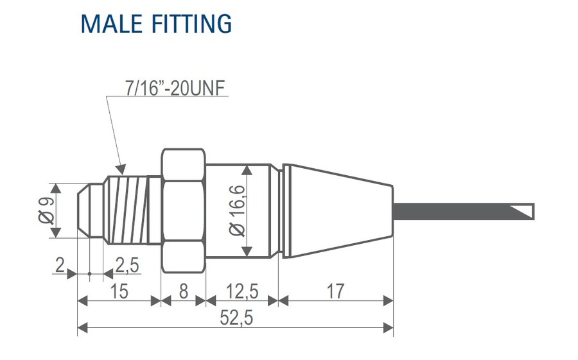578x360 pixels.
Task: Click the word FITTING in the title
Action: click(x=191, y=23)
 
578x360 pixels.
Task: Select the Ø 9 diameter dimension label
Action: click(x=46, y=210)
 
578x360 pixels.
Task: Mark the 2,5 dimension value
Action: click(x=127, y=264)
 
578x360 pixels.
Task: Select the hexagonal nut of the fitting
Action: click(x=183, y=210)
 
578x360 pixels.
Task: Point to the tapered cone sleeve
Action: click(x=337, y=210)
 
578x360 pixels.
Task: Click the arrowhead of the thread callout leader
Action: click(x=120, y=171)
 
